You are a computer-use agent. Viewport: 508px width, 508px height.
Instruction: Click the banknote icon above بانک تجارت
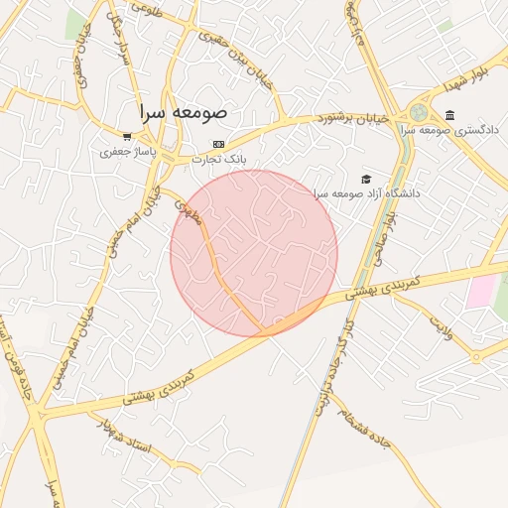click(x=219, y=143)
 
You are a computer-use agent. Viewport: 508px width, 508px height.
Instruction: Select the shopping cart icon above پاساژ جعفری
click(x=127, y=137)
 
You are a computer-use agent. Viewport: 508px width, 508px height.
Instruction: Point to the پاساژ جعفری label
click(x=124, y=152)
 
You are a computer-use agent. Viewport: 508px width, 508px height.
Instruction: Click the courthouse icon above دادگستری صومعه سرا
click(x=450, y=115)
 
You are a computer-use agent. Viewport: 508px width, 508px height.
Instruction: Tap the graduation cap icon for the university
click(x=367, y=179)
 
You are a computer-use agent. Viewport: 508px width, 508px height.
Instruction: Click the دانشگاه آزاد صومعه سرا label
click(x=367, y=193)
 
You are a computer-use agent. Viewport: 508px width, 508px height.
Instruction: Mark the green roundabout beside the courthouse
click(x=419, y=114)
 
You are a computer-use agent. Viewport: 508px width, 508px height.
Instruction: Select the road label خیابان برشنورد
click(x=320, y=117)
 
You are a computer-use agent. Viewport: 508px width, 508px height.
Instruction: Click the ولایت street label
click(x=440, y=328)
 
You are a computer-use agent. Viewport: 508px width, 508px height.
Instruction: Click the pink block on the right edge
click(x=482, y=291)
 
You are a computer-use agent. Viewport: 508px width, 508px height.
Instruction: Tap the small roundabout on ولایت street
click(x=477, y=357)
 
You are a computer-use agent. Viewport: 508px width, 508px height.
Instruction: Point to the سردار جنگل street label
click(x=119, y=40)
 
